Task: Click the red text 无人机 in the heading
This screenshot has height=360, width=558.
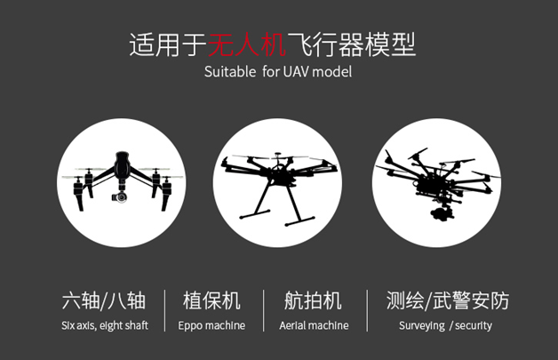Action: (247, 44)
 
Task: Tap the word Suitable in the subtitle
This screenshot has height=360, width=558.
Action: (230, 72)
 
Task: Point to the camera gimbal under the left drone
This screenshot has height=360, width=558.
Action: (120, 196)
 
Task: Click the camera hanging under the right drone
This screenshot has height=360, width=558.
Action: (442, 212)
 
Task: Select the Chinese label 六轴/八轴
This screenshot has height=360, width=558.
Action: (104, 300)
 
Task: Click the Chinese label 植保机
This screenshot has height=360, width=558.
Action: (211, 300)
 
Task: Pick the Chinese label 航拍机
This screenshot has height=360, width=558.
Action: (313, 300)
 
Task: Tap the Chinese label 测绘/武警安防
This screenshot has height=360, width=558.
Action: (448, 300)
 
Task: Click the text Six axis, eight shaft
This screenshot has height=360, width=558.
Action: (105, 325)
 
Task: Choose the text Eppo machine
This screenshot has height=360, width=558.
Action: (211, 326)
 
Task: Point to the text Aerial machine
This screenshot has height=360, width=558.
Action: (314, 325)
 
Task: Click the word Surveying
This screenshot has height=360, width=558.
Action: (422, 326)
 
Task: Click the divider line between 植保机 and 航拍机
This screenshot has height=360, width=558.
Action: (264, 310)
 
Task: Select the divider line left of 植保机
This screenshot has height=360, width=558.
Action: (164, 310)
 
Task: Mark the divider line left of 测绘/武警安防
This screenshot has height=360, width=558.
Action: (367, 310)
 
